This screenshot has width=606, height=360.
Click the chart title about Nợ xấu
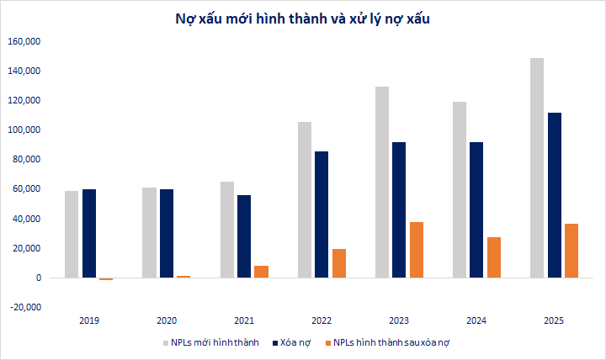click(303, 17)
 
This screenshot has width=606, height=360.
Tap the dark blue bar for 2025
click(554, 195)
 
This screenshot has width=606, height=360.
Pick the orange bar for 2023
click(417, 250)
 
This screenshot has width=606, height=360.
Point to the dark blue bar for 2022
click(322, 214)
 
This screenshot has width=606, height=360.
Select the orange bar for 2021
click(261, 272)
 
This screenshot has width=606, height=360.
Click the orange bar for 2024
click(494, 257)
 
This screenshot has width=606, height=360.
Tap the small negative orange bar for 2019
click(106, 279)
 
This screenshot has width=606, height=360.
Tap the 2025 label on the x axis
click(554, 321)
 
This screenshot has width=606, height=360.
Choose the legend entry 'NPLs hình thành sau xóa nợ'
click(393, 343)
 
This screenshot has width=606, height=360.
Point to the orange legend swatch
click(325, 343)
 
